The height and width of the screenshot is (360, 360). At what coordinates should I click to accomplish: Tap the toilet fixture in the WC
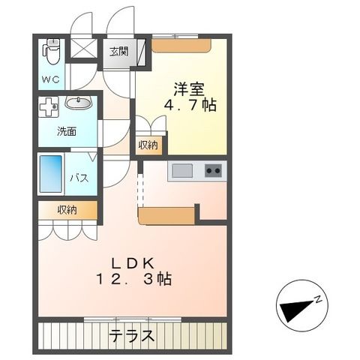coord(50,52)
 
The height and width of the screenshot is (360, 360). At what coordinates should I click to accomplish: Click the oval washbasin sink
coord(78,103)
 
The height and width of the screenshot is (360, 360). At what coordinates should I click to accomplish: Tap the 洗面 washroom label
coord(67,132)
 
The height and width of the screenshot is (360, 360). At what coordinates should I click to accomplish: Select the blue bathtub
coord(52,175)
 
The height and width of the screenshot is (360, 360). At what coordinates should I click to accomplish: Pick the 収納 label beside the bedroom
coord(148,145)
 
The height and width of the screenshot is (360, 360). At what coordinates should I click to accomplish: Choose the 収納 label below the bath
coord(66,211)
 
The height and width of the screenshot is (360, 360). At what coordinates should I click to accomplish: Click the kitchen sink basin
coord(182,170)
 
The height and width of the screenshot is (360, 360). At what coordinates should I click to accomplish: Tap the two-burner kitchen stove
coord(214,170)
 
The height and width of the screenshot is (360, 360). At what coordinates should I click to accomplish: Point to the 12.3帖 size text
coord(133,279)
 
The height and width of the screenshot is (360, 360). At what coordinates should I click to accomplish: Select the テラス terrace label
coord(133,334)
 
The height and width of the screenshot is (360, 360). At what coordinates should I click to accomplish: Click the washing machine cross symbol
coord(49,106)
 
